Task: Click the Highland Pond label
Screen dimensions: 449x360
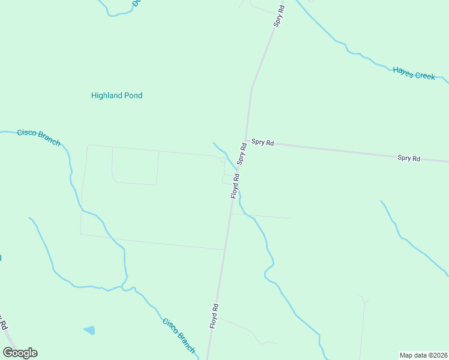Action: pos(116,95)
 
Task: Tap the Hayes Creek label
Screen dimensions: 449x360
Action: pos(414,73)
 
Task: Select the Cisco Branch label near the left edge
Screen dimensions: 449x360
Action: pos(38,137)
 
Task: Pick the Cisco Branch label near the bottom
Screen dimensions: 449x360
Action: pos(179,335)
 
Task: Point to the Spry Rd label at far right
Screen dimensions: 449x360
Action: pos(408,158)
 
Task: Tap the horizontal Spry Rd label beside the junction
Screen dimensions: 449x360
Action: pos(262,142)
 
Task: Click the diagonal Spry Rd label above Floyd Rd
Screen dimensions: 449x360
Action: pos(242,154)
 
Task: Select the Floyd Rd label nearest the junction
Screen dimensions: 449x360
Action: pos(235,186)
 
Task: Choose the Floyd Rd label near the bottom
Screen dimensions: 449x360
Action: pos(214,316)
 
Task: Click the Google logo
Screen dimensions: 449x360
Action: pos(20,353)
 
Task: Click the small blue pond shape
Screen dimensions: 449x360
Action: pos(89,330)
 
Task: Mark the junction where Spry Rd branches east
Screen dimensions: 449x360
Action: pos(245,140)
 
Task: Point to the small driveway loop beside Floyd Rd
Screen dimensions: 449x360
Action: pos(226,179)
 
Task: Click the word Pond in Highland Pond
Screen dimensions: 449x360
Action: pos(134,95)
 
